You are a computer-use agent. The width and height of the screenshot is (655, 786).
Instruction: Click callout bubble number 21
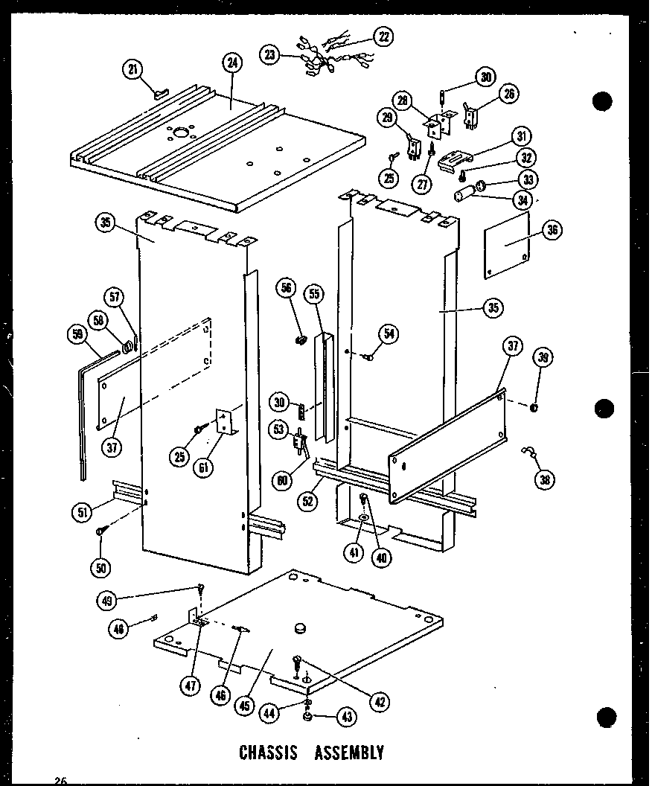[132, 70]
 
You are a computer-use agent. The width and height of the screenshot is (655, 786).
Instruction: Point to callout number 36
[552, 231]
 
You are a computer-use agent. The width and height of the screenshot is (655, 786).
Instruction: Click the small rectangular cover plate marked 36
[508, 245]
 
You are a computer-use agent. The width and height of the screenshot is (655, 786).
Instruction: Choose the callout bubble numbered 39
[545, 359]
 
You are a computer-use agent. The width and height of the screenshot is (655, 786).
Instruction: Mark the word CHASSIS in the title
[269, 752]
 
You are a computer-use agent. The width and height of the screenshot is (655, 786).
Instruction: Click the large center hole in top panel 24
[179, 135]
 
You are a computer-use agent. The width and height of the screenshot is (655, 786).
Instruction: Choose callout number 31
[520, 135]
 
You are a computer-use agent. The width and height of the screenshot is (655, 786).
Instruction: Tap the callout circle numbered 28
[403, 100]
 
